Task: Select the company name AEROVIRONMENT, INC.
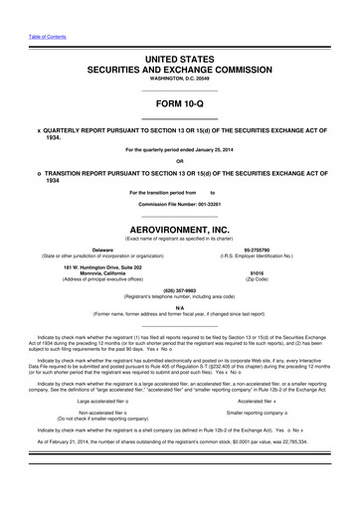pyautogui.click(x=179, y=227)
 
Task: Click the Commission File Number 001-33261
pyautogui.click(x=179, y=204)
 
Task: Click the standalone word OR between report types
pyautogui.click(x=179, y=161)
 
